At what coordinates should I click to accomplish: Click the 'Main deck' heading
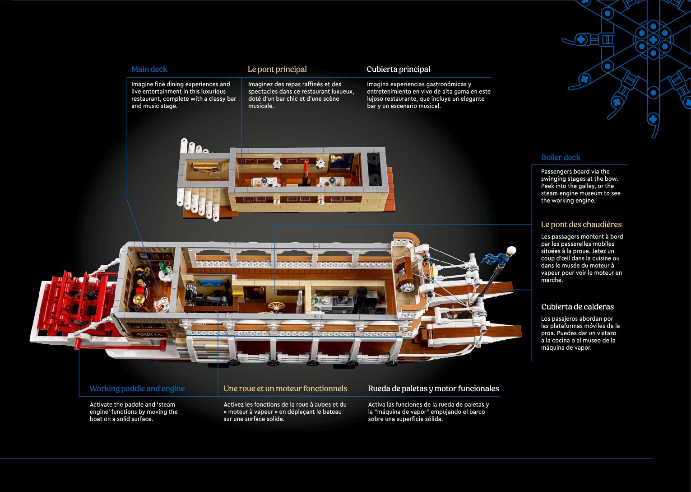149,69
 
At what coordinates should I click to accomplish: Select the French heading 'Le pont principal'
277,69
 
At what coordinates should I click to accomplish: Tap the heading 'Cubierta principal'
398,69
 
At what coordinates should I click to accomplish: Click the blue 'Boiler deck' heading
561,157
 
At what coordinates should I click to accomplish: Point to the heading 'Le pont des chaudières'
581,225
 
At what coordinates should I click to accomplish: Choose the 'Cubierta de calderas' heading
577,307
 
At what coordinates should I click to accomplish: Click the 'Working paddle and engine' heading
137,389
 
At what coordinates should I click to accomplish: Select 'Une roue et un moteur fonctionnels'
285,389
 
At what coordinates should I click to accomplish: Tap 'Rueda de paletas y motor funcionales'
433,389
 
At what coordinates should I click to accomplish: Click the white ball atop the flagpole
511,250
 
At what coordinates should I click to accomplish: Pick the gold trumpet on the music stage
335,158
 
